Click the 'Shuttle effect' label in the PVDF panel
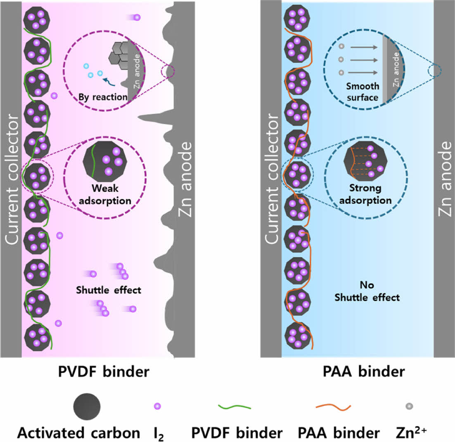coord(109,290)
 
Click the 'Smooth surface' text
coord(363,92)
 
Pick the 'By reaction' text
coord(103,97)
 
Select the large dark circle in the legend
coord(87,407)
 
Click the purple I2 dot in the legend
coord(157,407)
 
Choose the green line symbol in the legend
coord(234,407)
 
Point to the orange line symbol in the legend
coord(333,407)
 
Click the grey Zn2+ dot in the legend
coord(409,407)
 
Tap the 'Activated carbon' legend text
coord(78,433)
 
